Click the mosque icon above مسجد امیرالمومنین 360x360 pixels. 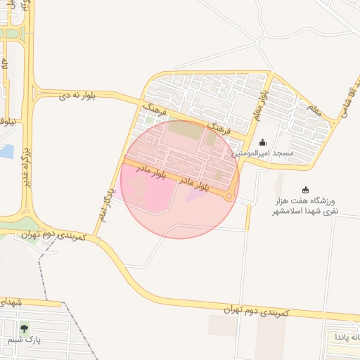[263, 143]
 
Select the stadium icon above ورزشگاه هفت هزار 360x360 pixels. [305, 190]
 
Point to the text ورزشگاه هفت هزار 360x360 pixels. [305, 201]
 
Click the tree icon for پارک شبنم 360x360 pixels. [25, 328]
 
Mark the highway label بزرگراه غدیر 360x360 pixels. [26, 162]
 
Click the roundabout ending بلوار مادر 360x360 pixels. [229, 197]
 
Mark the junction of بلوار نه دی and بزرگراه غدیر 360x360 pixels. [30, 93]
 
